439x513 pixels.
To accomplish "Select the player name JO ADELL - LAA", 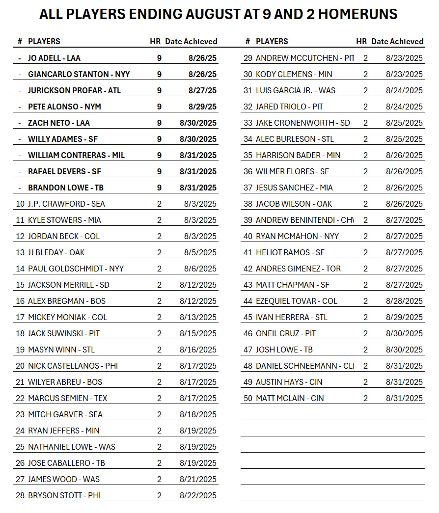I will tap(54, 58).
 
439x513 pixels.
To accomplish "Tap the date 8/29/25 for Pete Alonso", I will tap(202, 107).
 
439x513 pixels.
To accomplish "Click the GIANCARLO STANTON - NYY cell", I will tap(79, 74).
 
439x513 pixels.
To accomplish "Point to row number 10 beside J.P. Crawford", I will tap(20, 204).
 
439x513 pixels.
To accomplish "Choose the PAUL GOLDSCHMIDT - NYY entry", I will tap(76, 269).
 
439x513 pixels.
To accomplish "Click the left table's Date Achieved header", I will tap(191, 41).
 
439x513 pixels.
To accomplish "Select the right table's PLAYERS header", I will tap(272, 41).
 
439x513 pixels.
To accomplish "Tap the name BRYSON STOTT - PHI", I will tap(64, 495).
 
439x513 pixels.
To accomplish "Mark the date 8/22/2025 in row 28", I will tap(198, 495).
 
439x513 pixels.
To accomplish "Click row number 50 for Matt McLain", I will tap(247, 398).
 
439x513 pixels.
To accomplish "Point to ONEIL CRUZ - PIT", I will tap(286, 333).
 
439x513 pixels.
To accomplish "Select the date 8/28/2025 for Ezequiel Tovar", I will tap(404, 301).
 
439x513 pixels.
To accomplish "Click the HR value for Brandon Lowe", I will tap(159, 188).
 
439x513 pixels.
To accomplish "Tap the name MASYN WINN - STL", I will tap(61, 350).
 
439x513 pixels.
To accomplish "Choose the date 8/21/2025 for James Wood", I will tap(198, 479).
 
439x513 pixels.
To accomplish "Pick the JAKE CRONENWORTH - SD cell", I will tap(302, 123).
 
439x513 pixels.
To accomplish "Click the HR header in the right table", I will tap(361, 41).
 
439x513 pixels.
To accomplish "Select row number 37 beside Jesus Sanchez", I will tap(247, 188).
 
